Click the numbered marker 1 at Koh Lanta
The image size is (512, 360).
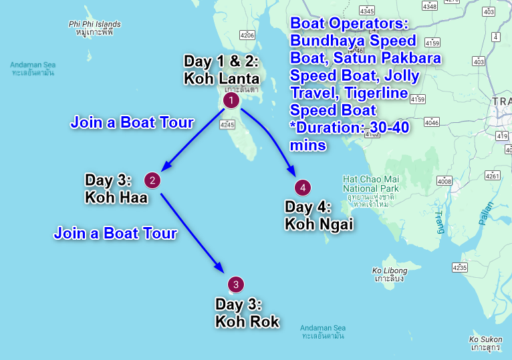[x=231, y=100]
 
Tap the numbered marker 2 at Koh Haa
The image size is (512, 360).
[x=153, y=180]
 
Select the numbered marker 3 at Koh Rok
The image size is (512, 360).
[x=235, y=284]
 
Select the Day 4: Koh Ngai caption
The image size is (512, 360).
[x=318, y=215]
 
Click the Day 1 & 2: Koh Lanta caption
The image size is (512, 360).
[x=221, y=69]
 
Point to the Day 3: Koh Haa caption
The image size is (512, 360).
[x=116, y=188]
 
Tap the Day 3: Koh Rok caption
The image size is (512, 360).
[x=247, y=313]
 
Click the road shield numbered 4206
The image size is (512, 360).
[x=247, y=35]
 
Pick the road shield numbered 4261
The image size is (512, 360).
[x=493, y=176]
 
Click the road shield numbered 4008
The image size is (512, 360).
[x=444, y=181]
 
